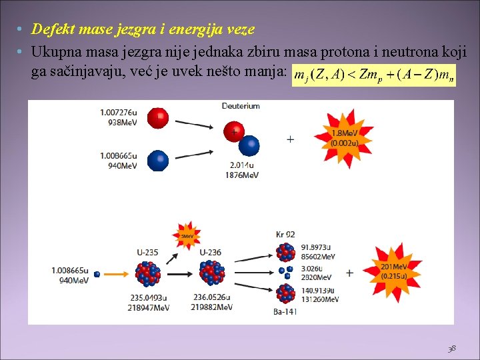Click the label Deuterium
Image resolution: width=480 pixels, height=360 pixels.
click(x=241, y=106)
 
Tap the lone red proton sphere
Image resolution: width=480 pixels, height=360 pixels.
click(x=158, y=119)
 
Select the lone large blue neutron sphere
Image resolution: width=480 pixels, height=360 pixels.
click(x=158, y=161)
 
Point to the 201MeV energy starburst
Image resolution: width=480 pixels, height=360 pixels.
click(x=395, y=271)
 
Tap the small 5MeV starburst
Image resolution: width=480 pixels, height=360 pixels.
click(x=187, y=235)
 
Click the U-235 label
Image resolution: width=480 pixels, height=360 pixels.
click(x=147, y=252)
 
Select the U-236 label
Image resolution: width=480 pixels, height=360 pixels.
click(x=211, y=252)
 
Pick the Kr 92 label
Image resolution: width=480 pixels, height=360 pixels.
click(x=285, y=234)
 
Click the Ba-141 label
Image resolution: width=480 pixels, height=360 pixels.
click(x=285, y=311)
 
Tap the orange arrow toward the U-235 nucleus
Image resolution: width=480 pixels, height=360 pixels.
click(x=118, y=273)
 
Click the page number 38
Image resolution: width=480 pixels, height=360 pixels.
click(x=452, y=347)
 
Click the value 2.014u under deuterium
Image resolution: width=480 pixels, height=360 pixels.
click(x=241, y=165)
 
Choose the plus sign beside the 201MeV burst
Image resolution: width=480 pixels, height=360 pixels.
click(x=349, y=273)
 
